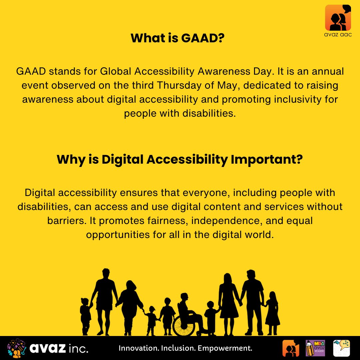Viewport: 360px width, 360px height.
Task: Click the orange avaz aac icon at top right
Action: pos(338,17)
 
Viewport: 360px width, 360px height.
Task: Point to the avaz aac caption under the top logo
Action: pos(338,35)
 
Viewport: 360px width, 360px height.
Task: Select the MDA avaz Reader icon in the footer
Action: pos(315,348)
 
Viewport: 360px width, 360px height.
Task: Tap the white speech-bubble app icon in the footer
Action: pos(342,348)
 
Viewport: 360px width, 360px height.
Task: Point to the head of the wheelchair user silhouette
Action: pos(184,298)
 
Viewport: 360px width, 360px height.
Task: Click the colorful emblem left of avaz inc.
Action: pos(16,348)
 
